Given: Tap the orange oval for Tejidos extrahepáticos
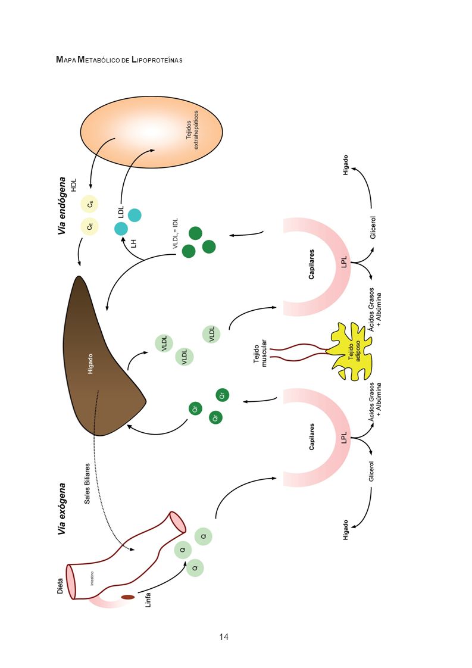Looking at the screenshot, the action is (x=152, y=132).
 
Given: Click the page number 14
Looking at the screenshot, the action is (x=224, y=637).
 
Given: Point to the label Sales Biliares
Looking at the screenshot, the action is (x=87, y=483).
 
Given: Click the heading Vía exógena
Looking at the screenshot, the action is (x=62, y=508).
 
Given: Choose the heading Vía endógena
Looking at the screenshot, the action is (x=62, y=206).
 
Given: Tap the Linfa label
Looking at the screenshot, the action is (x=148, y=600).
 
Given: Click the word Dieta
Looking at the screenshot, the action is (x=60, y=586).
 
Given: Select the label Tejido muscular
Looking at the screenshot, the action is (x=260, y=353).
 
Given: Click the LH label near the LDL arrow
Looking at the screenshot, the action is (x=134, y=244).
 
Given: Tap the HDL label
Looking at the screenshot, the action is (x=74, y=185).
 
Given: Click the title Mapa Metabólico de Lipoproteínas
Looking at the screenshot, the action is (x=119, y=60).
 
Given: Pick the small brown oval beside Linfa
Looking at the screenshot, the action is (x=128, y=597).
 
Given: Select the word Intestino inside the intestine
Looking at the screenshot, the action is (x=92, y=578).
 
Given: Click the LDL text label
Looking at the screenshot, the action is (x=121, y=212).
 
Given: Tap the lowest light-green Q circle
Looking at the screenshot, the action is (x=195, y=568).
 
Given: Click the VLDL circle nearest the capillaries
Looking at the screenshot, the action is (x=212, y=333).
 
